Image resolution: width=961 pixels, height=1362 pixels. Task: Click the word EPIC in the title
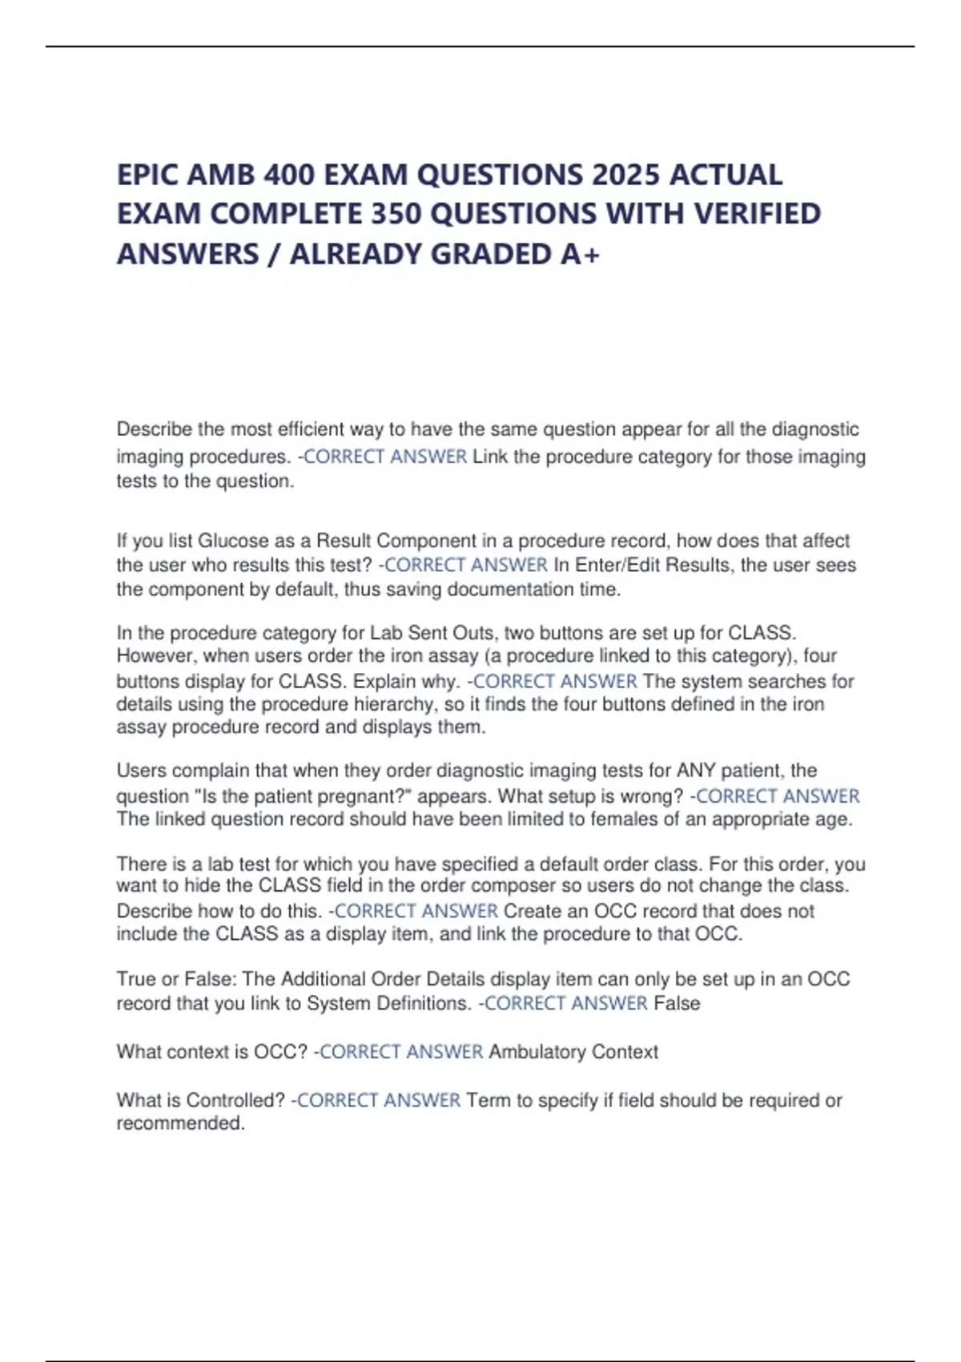[147, 175]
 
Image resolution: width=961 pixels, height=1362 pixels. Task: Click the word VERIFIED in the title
[757, 214]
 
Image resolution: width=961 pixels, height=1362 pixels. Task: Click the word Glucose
[233, 541]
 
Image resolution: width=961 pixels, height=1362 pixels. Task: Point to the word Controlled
[236, 1101]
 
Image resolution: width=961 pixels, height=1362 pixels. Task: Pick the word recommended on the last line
[179, 1123]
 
